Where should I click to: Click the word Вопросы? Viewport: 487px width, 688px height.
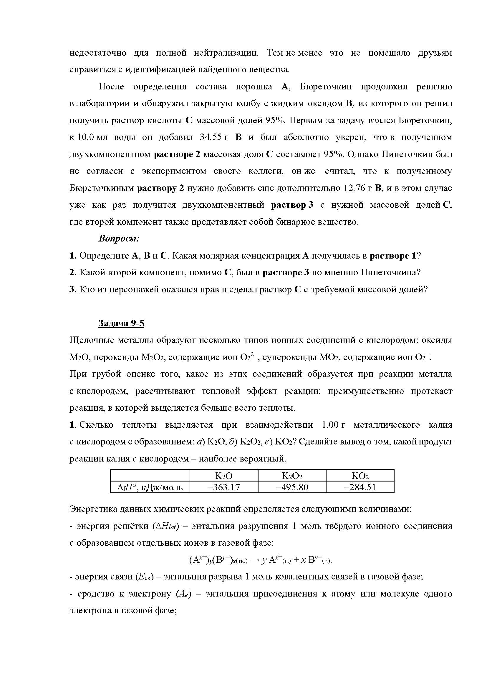point(119,239)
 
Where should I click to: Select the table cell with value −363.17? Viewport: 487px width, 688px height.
point(224,487)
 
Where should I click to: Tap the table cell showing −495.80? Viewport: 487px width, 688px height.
point(292,487)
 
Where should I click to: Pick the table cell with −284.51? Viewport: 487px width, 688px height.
point(360,487)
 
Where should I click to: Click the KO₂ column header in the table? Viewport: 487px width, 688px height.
point(360,476)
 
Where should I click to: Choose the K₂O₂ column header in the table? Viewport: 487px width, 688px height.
point(292,476)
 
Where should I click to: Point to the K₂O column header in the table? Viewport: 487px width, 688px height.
point(224,476)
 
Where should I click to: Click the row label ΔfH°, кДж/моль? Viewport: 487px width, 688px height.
point(150,487)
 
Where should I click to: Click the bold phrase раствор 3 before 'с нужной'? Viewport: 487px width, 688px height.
point(292,205)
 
